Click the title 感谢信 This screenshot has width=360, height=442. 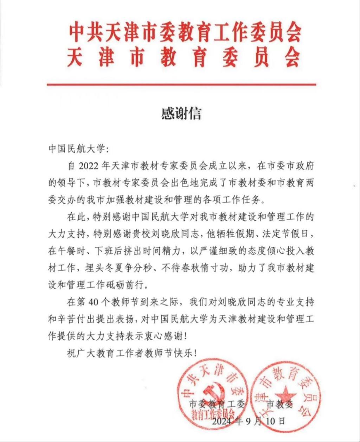[181, 114]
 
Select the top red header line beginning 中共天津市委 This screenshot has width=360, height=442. [184, 33]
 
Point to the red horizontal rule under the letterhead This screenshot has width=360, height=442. [181, 84]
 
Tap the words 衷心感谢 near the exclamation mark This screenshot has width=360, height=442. [164, 336]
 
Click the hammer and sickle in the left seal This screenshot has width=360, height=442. [211, 390]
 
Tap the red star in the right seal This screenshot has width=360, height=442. [288, 392]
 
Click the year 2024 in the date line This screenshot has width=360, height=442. [223, 421]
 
